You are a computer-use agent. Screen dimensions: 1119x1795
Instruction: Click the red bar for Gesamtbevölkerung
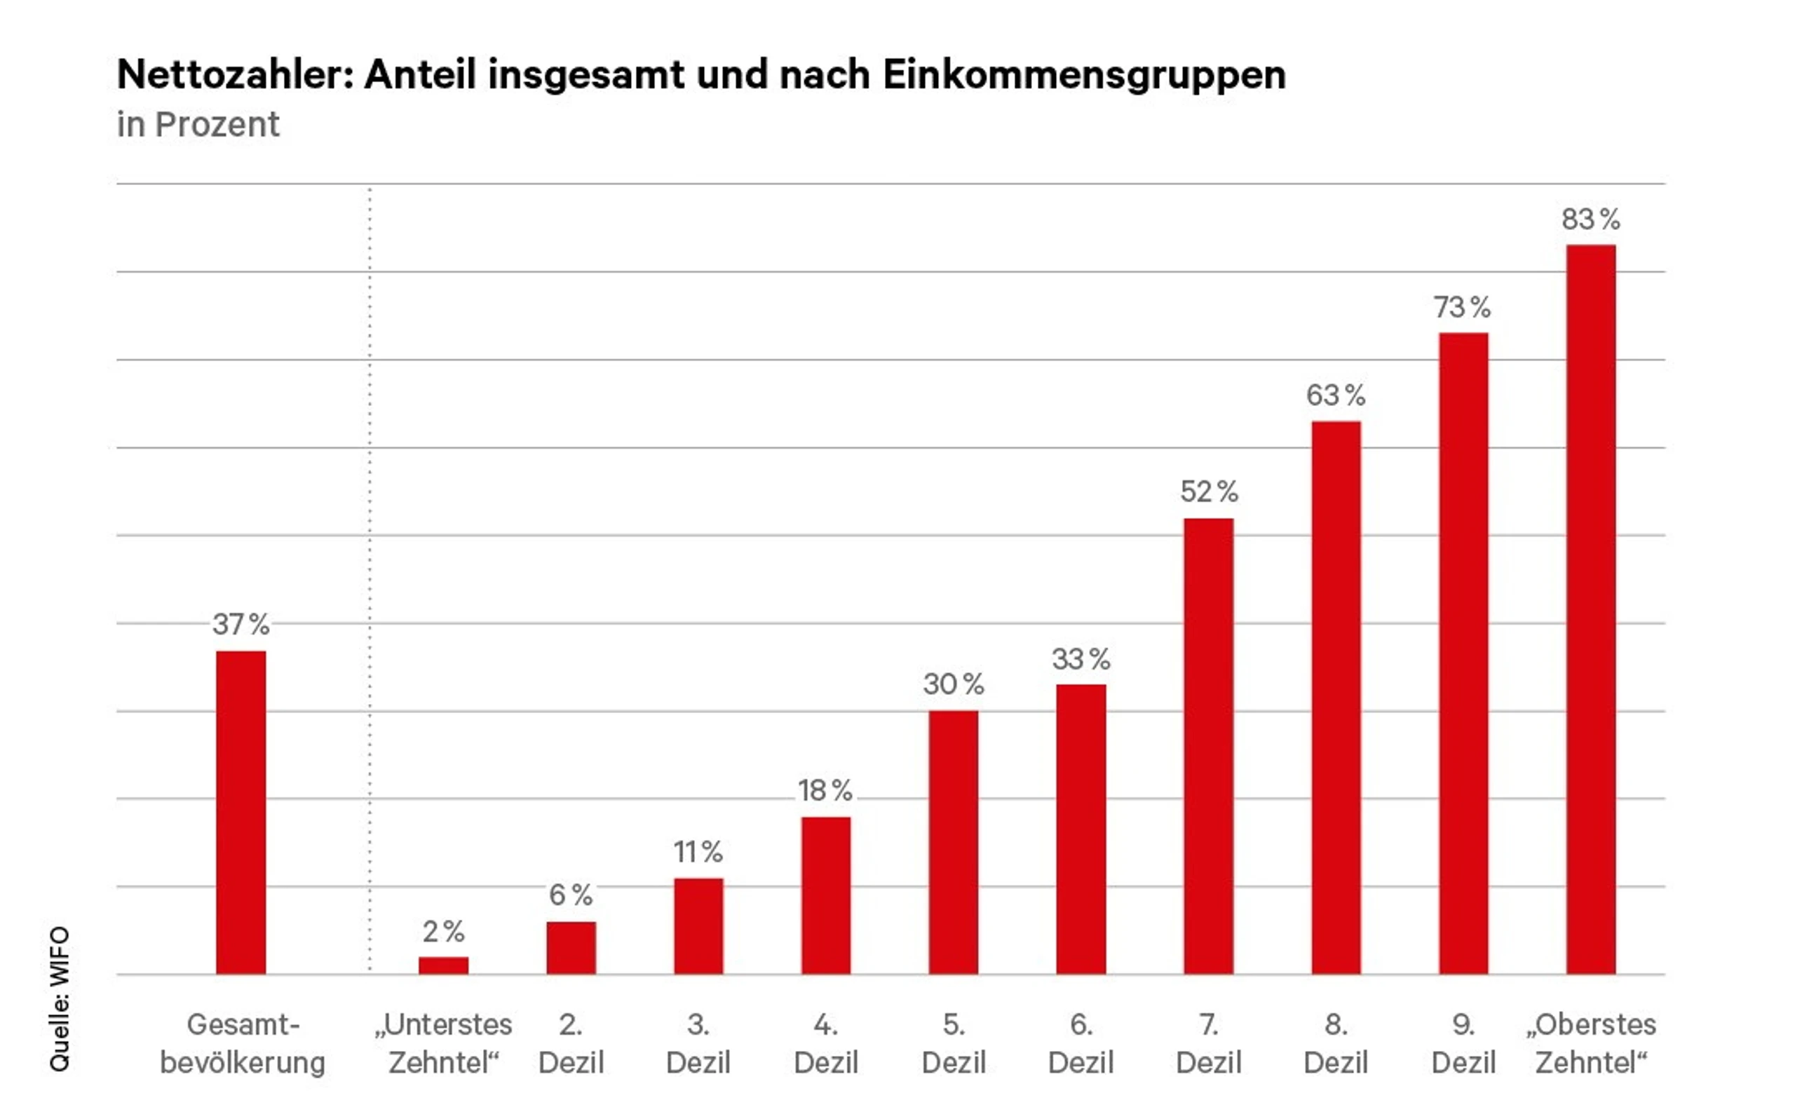click(x=241, y=812)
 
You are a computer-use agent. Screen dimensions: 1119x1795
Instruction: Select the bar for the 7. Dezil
click(x=1208, y=745)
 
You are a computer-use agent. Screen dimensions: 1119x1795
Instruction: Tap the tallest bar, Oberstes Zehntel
click(x=1591, y=609)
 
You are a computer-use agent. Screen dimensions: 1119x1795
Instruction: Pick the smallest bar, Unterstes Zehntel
click(x=443, y=965)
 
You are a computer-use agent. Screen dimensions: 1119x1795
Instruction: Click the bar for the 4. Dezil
click(x=826, y=895)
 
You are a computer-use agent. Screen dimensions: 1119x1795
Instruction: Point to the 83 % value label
click(x=1591, y=219)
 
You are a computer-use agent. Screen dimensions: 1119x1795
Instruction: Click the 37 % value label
click(x=241, y=624)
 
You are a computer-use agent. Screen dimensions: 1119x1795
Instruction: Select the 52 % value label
click(x=1208, y=491)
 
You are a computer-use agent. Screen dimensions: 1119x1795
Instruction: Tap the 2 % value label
click(x=443, y=931)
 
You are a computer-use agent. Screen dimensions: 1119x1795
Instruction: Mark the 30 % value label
click(x=953, y=684)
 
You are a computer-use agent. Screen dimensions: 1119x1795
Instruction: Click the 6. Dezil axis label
click(x=1081, y=1043)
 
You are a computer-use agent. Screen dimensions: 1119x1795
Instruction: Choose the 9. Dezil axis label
click(x=1463, y=1043)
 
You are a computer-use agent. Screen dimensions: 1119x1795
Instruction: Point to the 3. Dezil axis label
click(x=698, y=1043)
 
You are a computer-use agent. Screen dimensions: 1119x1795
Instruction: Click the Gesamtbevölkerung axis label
click(x=243, y=1043)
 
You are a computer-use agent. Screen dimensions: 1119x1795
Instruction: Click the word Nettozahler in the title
click(x=236, y=75)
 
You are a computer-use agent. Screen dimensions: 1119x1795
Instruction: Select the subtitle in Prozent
click(x=198, y=124)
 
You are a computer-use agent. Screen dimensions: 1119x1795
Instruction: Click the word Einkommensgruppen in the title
click(x=1084, y=75)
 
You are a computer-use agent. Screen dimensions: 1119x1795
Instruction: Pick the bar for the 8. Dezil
click(x=1336, y=697)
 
